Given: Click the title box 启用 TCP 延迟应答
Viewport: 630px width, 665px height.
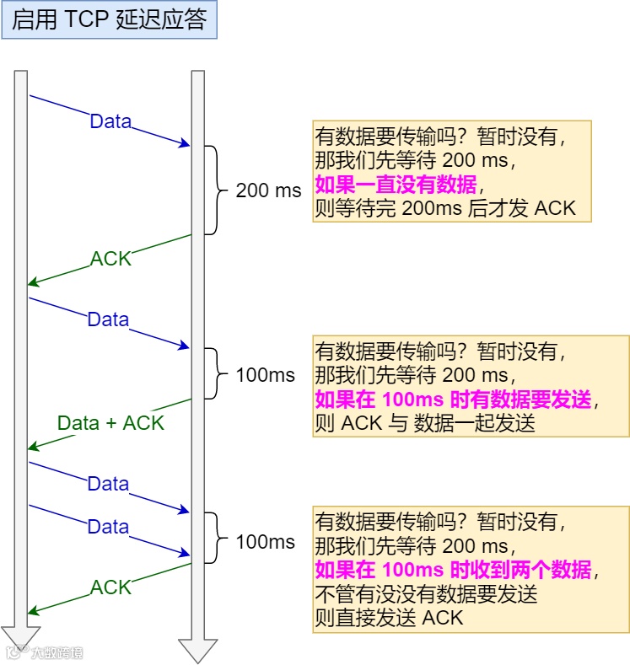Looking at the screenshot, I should click(x=110, y=20).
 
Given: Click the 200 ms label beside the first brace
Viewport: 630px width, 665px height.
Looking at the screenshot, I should click(x=268, y=190).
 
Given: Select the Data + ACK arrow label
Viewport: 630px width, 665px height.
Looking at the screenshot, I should click(x=110, y=423).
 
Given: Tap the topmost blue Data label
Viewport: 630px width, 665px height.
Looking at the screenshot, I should click(x=110, y=121).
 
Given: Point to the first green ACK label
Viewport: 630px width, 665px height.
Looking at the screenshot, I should click(x=111, y=259).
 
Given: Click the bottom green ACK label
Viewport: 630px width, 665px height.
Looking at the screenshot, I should click(x=111, y=587).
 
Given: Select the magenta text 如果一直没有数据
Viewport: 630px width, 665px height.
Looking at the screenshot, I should click(x=396, y=185).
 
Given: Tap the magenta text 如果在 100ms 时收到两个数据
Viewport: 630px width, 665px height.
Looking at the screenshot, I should click(x=453, y=570).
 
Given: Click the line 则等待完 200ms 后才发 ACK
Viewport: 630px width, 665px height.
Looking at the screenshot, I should click(x=444, y=207).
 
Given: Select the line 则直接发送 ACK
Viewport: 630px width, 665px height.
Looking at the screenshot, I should click(x=389, y=617).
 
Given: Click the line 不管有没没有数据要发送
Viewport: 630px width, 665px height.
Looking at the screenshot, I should click(x=426, y=593).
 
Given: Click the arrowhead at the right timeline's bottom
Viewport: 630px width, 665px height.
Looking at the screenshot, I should click(x=197, y=649).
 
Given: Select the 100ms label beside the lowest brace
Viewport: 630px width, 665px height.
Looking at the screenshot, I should click(x=266, y=541).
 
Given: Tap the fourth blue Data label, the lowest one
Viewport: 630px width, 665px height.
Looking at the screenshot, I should click(x=108, y=527).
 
